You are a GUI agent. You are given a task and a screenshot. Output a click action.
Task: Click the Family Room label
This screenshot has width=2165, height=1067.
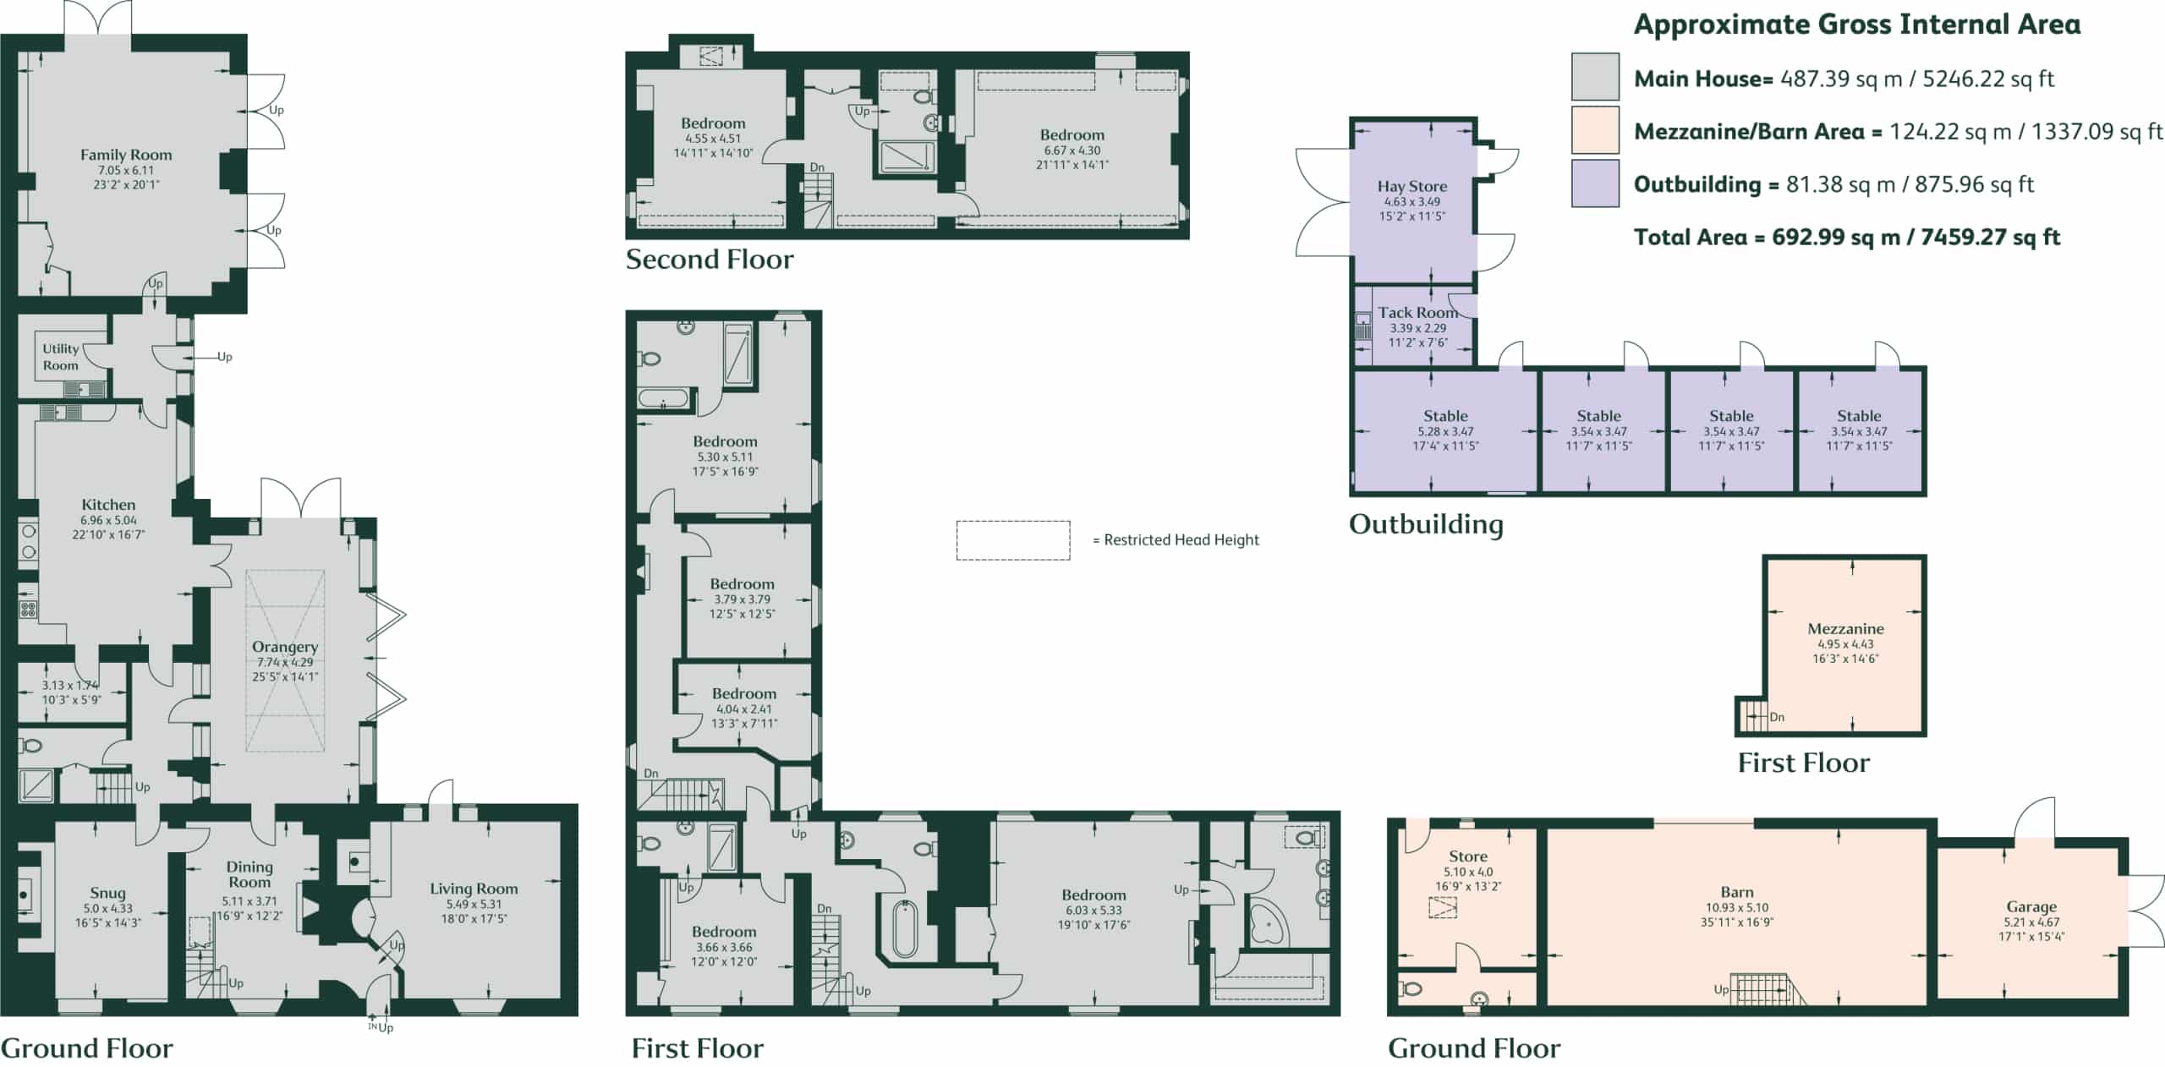(x=126, y=155)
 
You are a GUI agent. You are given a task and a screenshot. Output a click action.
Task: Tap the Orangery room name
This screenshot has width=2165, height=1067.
(x=285, y=647)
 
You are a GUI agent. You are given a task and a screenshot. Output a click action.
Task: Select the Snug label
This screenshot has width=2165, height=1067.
(x=107, y=893)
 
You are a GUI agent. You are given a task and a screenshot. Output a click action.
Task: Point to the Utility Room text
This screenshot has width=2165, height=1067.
(x=61, y=357)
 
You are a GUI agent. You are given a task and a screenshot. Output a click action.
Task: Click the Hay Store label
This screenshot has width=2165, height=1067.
(x=1412, y=186)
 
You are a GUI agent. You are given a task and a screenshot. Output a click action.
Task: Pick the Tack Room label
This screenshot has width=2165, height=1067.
(x=1417, y=312)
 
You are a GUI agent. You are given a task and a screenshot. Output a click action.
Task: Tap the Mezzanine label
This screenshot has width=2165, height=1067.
(x=1845, y=628)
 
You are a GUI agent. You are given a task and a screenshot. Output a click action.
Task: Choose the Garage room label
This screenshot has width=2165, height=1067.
(x=2031, y=906)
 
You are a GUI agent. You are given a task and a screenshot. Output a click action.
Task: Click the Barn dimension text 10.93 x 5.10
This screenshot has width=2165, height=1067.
(x=1737, y=907)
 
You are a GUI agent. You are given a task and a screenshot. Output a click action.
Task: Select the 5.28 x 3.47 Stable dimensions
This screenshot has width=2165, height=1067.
(x=1445, y=431)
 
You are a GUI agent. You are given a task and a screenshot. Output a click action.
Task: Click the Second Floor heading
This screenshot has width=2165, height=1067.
(x=710, y=259)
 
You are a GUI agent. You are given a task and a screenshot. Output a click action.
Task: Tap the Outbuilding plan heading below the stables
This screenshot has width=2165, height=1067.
(x=1426, y=524)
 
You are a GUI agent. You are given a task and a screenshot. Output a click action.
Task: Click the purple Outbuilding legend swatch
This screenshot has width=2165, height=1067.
(x=1595, y=183)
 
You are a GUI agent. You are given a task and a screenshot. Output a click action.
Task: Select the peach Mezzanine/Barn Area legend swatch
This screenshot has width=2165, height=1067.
(x=1595, y=130)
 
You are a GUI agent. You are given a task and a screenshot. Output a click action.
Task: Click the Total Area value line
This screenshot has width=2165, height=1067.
(x=1847, y=237)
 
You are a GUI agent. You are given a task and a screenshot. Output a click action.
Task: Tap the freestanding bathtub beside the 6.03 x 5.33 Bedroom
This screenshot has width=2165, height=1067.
(x=904, y=928)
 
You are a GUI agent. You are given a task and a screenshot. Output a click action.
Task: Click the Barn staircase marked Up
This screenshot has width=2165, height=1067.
(x=1766, y=989)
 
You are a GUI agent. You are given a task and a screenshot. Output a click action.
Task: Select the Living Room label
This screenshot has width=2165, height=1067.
(x=474, y=889)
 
